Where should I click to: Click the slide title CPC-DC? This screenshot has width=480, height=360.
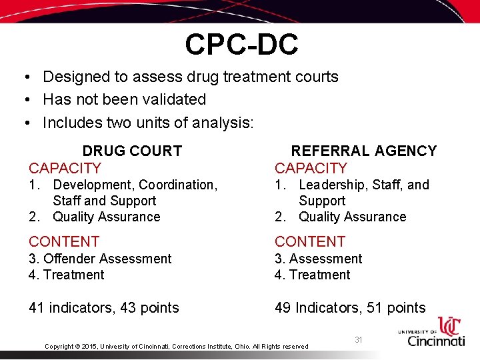241,45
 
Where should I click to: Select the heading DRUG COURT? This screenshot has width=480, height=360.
132,151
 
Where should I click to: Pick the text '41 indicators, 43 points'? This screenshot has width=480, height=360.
104,308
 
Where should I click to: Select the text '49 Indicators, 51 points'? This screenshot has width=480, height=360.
350,308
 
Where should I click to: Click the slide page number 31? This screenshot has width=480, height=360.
359,340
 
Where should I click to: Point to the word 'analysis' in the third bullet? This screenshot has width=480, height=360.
225,123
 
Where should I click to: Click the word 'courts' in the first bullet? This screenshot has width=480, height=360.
314,77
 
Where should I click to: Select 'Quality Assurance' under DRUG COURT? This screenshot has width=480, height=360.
107,217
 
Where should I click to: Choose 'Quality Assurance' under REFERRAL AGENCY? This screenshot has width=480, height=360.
352,217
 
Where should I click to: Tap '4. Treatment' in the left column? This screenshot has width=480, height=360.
67,275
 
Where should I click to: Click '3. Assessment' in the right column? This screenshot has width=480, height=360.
319,259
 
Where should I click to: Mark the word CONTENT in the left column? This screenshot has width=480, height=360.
64,241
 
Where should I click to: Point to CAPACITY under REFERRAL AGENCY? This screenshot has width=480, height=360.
311,168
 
